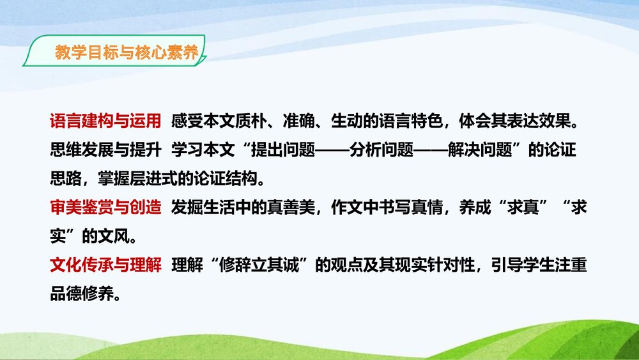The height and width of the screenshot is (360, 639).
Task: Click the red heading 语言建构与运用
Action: pos(105,121)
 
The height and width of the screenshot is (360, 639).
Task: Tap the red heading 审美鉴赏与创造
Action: pos(105,208)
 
